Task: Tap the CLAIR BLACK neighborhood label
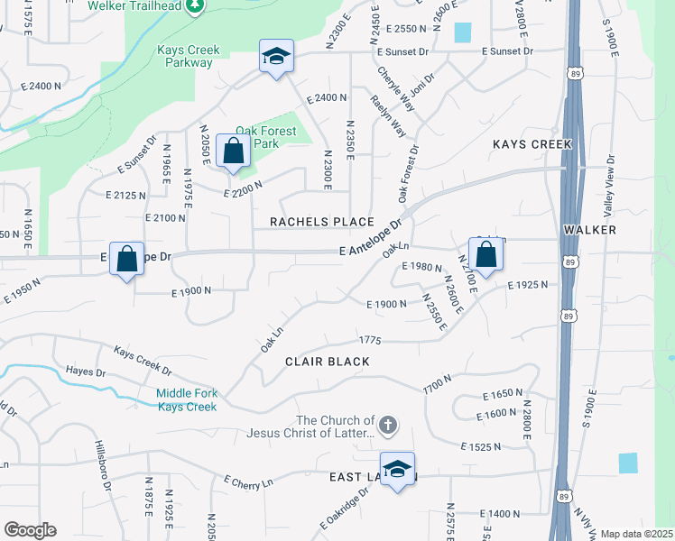tap(328, 362)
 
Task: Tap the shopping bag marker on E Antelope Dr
tap(127, 259)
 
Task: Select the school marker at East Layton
tap(396, 469)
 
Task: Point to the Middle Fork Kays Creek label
tap(187, 399)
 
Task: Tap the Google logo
tap(30, 530)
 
